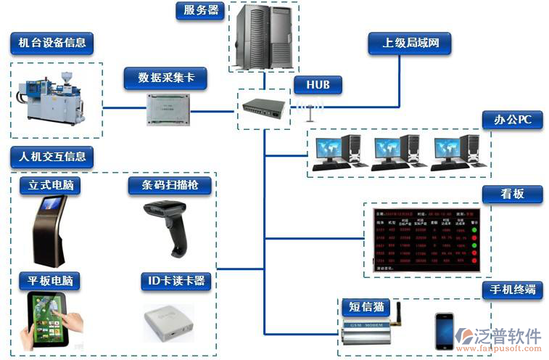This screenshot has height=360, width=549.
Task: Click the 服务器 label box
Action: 200,11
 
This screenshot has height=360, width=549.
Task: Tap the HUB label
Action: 318,85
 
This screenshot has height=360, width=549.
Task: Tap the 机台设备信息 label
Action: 51,42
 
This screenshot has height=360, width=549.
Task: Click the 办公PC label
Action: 513,120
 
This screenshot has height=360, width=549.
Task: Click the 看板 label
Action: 512,194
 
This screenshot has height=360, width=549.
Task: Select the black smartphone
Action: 444,330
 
